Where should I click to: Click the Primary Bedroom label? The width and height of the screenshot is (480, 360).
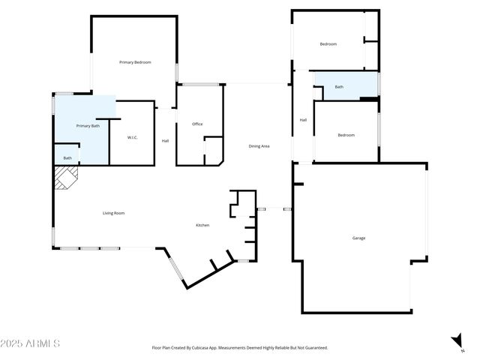tap(135, 62)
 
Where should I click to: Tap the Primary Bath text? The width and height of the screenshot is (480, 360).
tap(88, 126)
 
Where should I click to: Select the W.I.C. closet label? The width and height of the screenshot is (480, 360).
tap(132, 137)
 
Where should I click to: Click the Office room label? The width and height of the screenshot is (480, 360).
tap(197, 124)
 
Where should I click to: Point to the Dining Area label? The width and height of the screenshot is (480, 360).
tap(259, 145)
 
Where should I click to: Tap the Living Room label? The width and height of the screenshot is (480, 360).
tap(113, 213)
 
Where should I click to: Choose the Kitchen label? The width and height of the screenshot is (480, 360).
tap(202, 225)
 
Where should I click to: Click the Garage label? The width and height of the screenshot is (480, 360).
tap(358, 238)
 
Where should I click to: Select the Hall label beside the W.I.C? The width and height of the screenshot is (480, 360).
tap(166, 141)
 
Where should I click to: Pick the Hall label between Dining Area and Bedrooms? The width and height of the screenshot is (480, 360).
tap(303, 120)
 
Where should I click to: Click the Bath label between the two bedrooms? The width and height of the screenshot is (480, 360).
tap(339, 87)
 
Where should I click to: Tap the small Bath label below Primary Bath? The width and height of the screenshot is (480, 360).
tap(67, 157)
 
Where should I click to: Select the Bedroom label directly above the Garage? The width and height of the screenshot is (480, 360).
tap(346, 135)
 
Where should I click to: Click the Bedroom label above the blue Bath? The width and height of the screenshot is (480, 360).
tap(328, 44)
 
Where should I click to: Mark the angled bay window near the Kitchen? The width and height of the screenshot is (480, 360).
tap(175, 271)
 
